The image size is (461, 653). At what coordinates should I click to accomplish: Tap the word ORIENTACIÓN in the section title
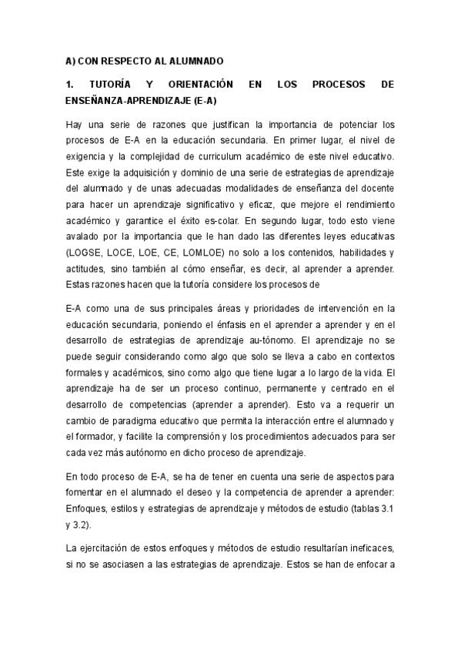[x=204, y=83]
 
